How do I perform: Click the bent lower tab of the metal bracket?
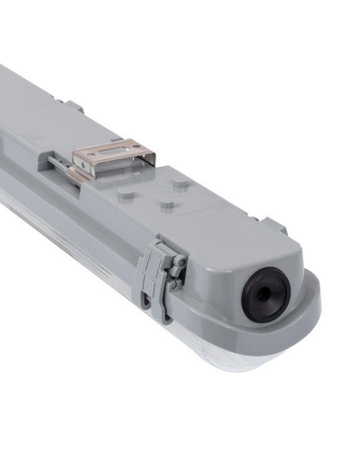pos(78,175)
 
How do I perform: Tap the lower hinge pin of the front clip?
pos(174,285)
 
